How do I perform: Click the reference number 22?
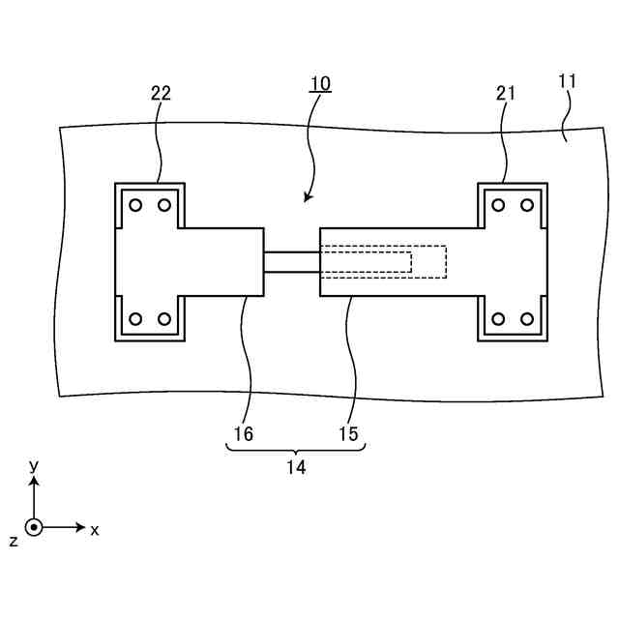click(x=162, y=93)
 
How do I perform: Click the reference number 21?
click(x=506, y=93)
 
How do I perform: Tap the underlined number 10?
click(x=320, y=83)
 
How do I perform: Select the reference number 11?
click(x=568, y=82)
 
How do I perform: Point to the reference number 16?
click(x=243, y=434)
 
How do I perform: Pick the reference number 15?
click(x=348, y=434)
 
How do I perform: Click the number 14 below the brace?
click(x=296, y=467)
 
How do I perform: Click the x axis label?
click(x=95, y=530)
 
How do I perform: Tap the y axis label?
click(x=34, y=466)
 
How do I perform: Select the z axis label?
click(x=14, y=541)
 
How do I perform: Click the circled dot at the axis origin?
click(x=34, y=528)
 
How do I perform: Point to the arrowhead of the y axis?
click(x=34, y=481)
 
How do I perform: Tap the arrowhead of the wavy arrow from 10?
click(x=307, y=199)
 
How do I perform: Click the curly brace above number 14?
click(x=296, y=450)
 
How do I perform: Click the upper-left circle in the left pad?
click(x=135, y=205)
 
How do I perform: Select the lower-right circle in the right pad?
click(x=527, y=319)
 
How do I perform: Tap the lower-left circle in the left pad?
click(x=135, y=319)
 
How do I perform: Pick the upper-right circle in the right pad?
click(x=527, y=205)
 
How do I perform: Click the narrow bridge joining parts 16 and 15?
click(x=291, y=262)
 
